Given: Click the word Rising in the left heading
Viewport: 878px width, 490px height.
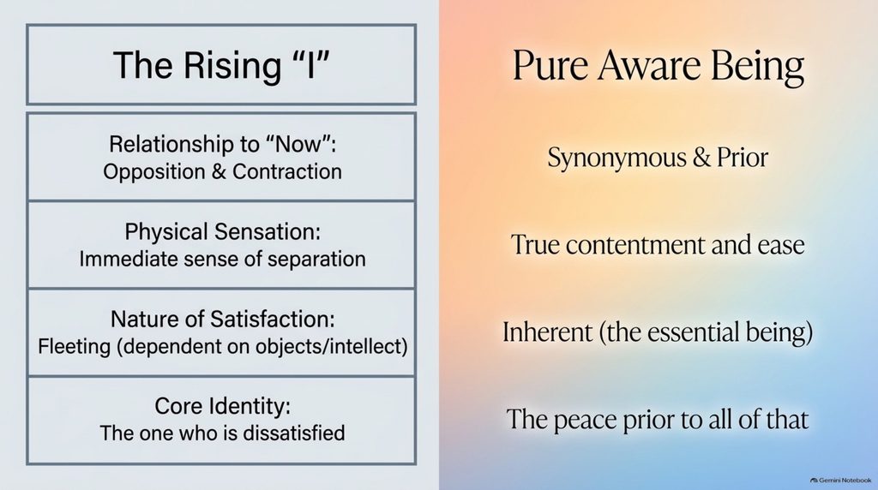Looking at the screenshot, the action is coord(232,66).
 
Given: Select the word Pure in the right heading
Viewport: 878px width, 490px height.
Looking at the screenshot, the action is coord(550,65).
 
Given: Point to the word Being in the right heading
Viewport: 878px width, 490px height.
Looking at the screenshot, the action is coord(758,67).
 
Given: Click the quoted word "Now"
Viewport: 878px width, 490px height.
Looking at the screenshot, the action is coord(298,144).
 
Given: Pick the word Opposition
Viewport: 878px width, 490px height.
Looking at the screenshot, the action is coord(154,171).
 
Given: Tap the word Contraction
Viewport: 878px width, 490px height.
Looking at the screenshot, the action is coord(287,171).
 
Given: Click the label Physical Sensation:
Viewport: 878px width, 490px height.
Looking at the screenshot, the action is coord(223,231).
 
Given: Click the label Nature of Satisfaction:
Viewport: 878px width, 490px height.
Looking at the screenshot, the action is coord(223,319).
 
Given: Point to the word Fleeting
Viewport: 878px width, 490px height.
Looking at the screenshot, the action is coord(75,346).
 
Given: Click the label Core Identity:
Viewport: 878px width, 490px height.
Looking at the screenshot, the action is coord(223,407).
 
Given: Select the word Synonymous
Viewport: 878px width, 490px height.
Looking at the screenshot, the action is coord(616,158).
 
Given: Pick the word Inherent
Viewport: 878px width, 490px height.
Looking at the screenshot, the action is coord(547,332).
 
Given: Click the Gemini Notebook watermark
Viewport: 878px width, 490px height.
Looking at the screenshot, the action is coord(841,480).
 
